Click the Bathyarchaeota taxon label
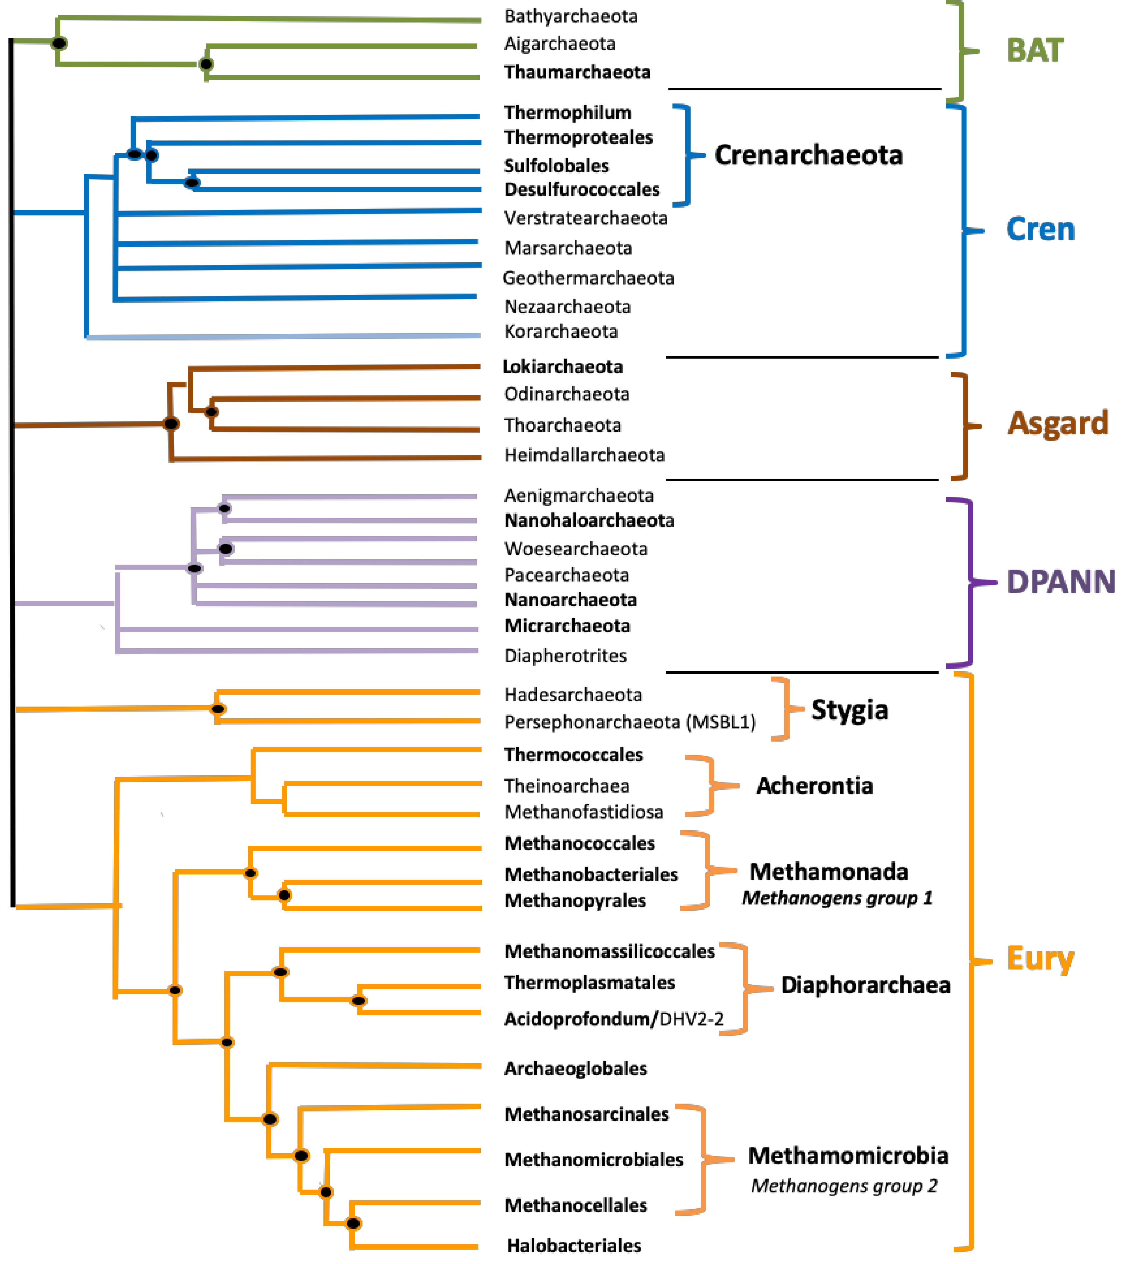point(571,16)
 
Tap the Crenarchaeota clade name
point(808,155)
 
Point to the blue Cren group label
point(1040,229)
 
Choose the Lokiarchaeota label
point(563,367)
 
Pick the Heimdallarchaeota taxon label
point(584,456)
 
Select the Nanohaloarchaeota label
point(589,521)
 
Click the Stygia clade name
point(850,710)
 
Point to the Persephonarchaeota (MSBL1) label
point(630,722)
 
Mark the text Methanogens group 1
point(837,899)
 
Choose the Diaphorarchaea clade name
point(865,985)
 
